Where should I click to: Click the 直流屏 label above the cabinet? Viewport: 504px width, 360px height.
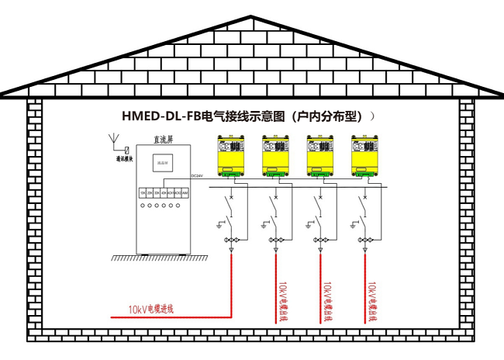coord(163,140)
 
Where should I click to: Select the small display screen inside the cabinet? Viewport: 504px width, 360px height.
coord(162,162)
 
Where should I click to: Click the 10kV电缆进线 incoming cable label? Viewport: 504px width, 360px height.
coord(151,309)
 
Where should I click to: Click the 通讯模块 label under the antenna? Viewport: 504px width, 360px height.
coord(125,158)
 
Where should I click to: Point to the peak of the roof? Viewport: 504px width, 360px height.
coord(251,17)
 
